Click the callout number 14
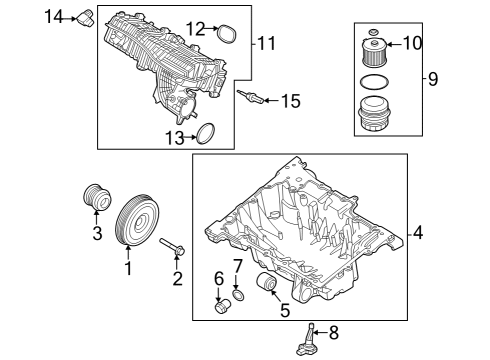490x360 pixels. (x=54, y=15)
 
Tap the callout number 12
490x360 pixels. (x=196, y=28)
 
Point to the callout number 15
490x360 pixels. (x=290, y=100)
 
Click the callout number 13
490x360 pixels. (x=174, y=138)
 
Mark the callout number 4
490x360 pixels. (x=419, y=233)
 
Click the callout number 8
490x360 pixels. (x=334, y=333)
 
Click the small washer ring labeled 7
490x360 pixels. (x=238, y=296)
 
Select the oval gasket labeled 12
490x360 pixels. (x=228, y=34)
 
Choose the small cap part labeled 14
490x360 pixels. (x=86, y=16)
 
